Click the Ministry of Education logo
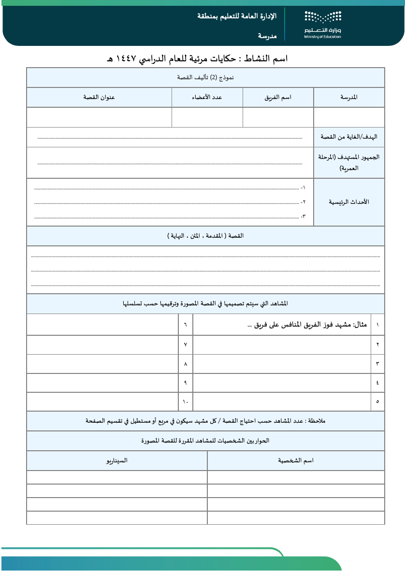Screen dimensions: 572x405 tap(322, 24)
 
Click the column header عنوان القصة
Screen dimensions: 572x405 tap(100, 97)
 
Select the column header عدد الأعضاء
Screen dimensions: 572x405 tap(207, 97)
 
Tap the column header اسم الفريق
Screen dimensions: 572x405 tap(278, 97)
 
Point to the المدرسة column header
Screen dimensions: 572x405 tap(349, 97)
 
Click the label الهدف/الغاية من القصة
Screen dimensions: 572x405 tap(349, 137)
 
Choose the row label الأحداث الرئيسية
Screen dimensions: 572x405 tap(349, 201)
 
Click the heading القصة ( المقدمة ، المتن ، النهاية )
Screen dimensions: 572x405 tap(205, 236)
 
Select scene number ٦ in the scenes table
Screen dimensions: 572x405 tap(186, 325)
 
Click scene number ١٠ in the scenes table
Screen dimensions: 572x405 tap(186, 401)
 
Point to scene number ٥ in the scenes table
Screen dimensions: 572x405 tap(377, 401)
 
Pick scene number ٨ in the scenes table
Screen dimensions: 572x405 tap(186, 363)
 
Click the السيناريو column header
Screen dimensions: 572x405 tap(116, 460)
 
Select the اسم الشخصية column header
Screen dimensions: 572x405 tap(296, 460)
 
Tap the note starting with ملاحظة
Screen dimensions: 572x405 tap(205, 421)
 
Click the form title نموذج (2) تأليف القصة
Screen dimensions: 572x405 tap(205, 78)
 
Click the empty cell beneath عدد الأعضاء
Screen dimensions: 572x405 tap(207, 117)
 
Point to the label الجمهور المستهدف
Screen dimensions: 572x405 tap(349, 163)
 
